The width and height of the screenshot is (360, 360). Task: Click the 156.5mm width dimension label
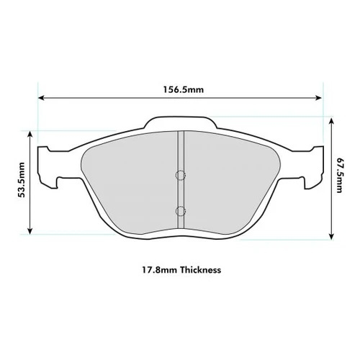(184, 89)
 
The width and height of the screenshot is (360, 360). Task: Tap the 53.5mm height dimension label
(22, 180)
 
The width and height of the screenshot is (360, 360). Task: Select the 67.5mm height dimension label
(338, 175)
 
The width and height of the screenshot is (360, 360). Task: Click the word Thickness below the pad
(201, 270)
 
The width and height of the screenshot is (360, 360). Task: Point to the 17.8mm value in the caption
(160, 270)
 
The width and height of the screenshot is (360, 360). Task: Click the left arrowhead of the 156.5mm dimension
(41, 98)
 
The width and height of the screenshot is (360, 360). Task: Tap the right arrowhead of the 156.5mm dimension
(318, 98)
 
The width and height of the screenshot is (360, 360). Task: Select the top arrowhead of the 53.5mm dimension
(30, 134)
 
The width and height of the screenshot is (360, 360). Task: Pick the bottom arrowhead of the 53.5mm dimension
(30, 231)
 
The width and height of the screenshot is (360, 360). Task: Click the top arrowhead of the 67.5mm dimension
(331, 121)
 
